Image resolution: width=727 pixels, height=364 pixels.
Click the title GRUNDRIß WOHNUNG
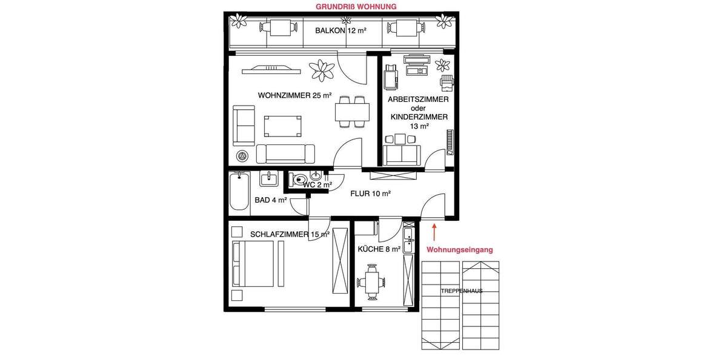pyautogui.click(x=356, y=7)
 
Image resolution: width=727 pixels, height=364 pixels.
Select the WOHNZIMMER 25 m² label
pyautogui.click(x=294, y=95)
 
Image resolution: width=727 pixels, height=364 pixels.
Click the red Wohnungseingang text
pyautogui.click(x=460, y=249)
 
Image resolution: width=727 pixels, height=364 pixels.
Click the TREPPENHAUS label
pyautogui.click(x=462, y=291)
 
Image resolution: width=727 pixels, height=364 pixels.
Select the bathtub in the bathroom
pyautogui.click(x=240, y=192)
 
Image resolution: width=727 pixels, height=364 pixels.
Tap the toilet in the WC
pyautogui.click(x=298, y=180)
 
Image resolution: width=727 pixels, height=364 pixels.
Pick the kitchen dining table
pyautogui.click(x=371, y=281)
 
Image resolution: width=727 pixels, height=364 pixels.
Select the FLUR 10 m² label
pyautogui.click(x=370, y=194)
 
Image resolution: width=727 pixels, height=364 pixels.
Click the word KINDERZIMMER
pyautogui.click(x=419, y=117)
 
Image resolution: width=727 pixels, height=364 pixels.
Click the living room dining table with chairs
pyautogui.click(x=352, y=112)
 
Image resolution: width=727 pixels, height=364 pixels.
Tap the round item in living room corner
pyautogui.click(x=242, y=156)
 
